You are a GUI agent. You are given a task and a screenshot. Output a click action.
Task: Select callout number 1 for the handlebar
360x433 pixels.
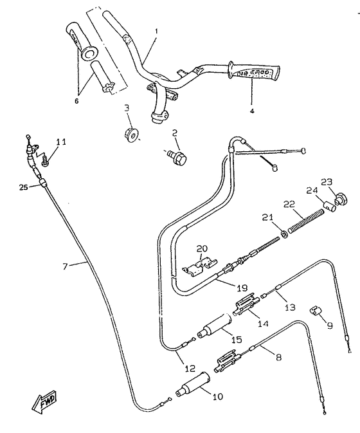click(156, 30)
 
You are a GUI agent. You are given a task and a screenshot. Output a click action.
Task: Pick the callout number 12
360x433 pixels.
click(191, 368)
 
